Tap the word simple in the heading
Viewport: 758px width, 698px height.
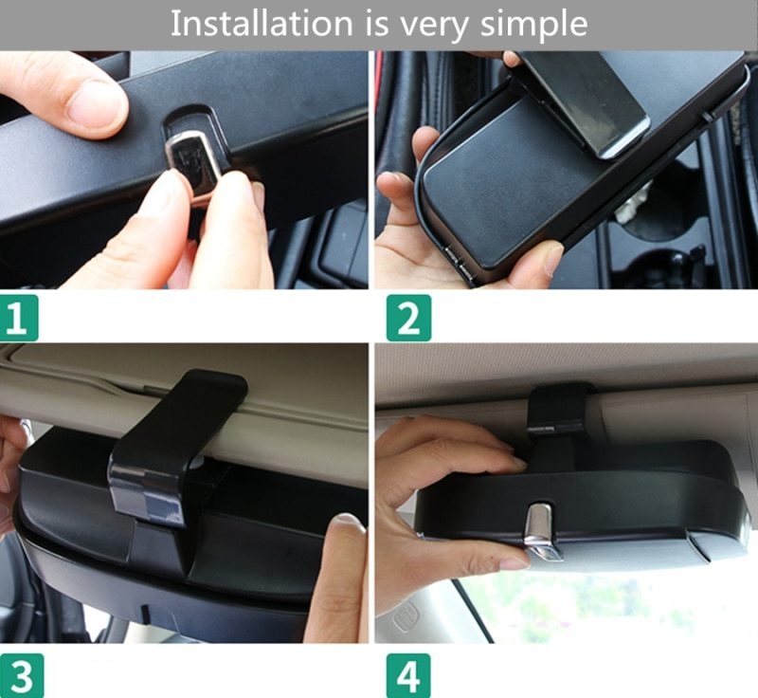(533, 26)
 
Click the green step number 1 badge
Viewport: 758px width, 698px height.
(19, 318)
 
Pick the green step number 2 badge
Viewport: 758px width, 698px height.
(408, 318)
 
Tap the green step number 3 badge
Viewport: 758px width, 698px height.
(22, 676)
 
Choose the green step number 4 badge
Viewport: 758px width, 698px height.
(408, 676)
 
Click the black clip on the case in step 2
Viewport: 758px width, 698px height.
(585, 101)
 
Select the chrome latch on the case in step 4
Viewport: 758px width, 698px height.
(542, 532)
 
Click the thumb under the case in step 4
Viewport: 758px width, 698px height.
(477, 557)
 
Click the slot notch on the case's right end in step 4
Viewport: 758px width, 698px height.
(698, 545)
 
